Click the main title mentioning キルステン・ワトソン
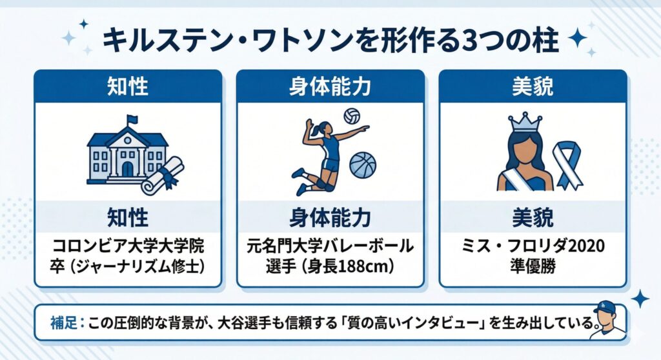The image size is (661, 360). (329, 40)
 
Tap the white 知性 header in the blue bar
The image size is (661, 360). (127, 86)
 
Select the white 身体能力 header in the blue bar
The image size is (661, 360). (330, 86)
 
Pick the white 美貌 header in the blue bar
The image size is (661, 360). (532, 86)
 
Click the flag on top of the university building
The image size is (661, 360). (132, 120)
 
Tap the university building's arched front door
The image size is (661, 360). (128, 168)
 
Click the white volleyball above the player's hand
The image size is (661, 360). (352, 116)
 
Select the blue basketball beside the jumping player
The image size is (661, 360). (363, 165)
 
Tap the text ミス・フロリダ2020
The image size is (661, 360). (532, 247)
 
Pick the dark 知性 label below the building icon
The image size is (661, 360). (127, 217)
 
